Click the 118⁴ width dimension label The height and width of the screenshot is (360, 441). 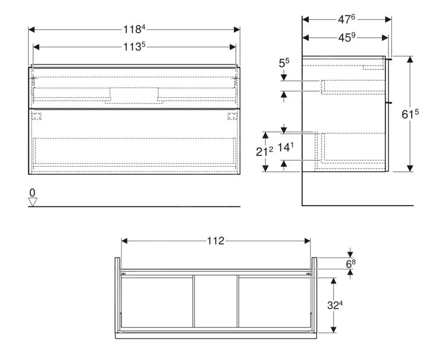pos(134,29)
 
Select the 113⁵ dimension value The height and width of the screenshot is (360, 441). pos(134,46)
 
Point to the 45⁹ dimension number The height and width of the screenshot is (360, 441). pos(346,37)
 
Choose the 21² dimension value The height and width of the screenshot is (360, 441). pos(264,151)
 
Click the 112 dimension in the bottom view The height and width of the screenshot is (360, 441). pos(216,241)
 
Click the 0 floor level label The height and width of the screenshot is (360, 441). pos(32,192)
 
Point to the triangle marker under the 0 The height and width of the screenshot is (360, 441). pos(32,202)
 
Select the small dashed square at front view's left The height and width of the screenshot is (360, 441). pos(37,116)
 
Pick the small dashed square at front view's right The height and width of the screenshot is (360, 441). pos(232,116)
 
